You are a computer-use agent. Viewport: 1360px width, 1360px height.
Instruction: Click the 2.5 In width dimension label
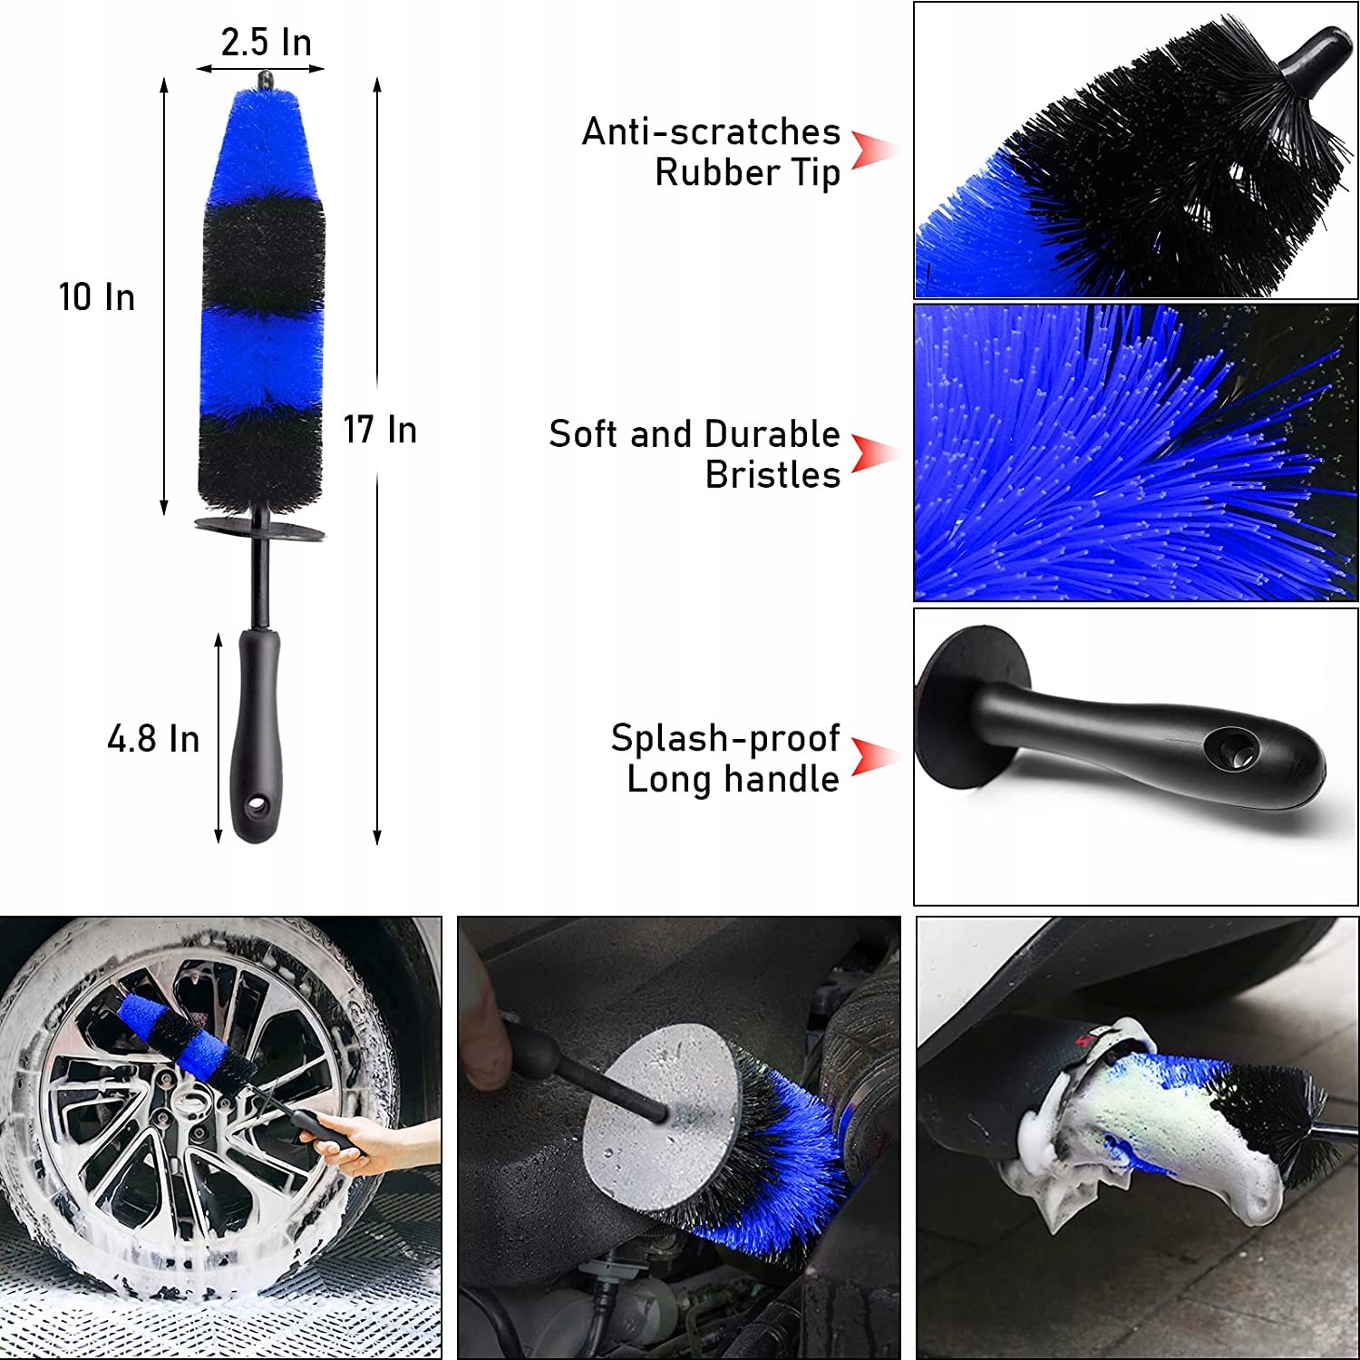coord(266,43)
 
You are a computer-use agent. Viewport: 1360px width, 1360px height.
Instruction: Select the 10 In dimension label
coord(97,297)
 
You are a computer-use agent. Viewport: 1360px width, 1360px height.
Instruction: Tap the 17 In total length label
coord(380,430)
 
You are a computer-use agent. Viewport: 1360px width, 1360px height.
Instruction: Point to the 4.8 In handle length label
coord(153,739)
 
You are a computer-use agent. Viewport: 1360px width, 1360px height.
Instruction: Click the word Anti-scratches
coord(711,132)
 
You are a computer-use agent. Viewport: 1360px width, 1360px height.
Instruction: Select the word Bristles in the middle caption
coord(772,475)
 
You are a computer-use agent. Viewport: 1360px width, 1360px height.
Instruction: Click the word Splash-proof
coord(724,738)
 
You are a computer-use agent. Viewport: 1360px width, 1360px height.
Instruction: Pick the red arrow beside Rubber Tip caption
coord(872,151)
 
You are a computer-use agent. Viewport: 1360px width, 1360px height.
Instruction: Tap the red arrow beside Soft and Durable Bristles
coord(872,452)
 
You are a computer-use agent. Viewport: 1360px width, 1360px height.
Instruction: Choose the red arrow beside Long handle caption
coord(872,756)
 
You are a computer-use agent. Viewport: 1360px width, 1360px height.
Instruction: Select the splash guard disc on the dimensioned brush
coord(260,528)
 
